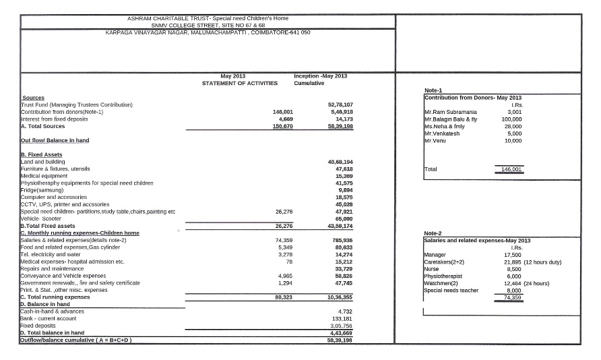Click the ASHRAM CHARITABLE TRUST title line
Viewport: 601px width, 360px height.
pos(208,18)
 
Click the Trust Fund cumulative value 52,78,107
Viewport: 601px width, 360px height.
pos(340,104)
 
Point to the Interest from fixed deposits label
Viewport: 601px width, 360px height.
pos(55,119)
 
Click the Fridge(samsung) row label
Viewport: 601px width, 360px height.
pos(42,190)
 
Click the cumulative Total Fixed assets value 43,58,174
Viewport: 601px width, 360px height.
pos(340,226)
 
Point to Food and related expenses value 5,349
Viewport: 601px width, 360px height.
pos(285,247)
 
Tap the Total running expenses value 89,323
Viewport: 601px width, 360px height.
pos(281,297)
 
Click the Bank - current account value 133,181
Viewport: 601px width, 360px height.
pos(343,318)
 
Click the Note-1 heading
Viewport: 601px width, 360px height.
pos(433,90)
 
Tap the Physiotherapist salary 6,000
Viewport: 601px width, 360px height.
pos(513,276)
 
